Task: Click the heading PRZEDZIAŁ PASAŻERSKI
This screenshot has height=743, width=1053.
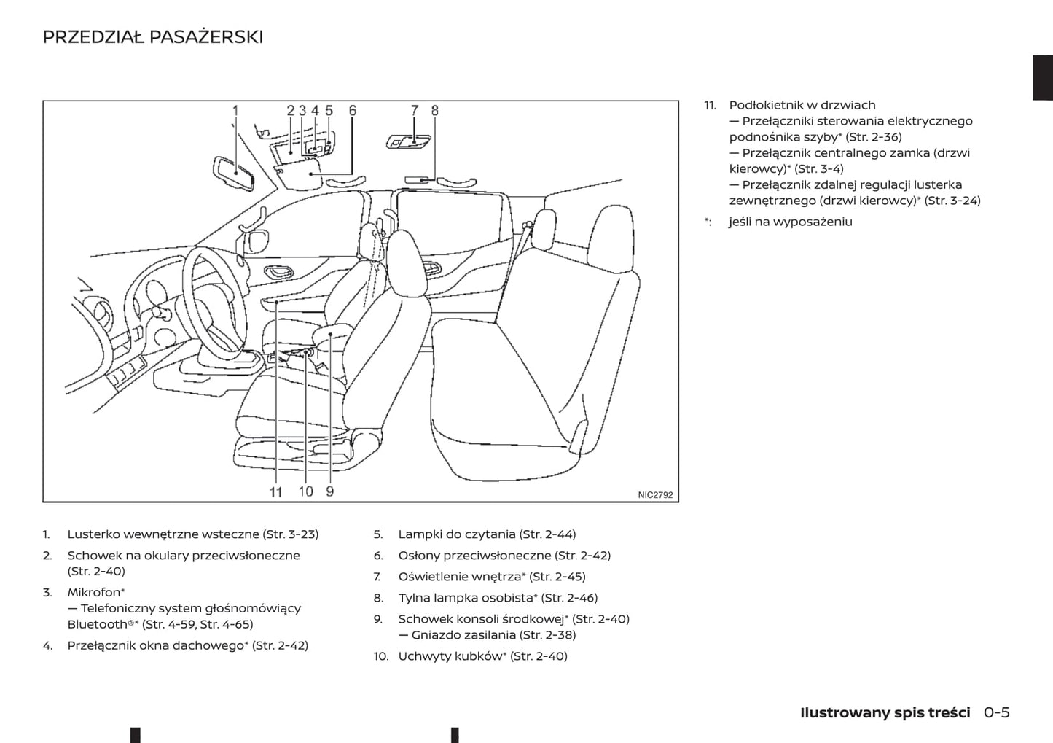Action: click(x=153, y=37)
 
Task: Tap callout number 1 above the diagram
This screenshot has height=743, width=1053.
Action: click(x=235, y=111)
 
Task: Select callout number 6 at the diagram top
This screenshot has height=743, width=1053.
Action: click(x=353, y=111)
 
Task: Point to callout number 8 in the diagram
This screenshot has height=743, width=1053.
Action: click(x=435, y=111)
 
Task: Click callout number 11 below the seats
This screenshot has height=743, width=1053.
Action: click(x=275, y=492)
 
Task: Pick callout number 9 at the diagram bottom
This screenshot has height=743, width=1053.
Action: click(x=330, y=491)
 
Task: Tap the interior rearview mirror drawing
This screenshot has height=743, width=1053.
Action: click(x=234, y=173)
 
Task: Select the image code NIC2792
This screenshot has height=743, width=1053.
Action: click(x=655, y=495)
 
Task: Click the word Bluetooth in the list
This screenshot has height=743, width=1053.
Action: click(x=97, y=624)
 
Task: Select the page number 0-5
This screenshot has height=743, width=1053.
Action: click(x=996, y=712)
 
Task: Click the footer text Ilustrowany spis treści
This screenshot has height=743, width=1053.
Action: click(x=885, y=712)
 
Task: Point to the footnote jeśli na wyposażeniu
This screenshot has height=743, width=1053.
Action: click(x=790, y=222)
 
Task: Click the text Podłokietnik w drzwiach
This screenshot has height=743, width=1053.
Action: click(x=802, y=105)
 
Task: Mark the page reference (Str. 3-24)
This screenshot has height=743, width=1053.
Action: click(x=952, y=201)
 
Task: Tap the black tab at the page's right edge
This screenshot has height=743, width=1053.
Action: click(x=1043, y=77)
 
